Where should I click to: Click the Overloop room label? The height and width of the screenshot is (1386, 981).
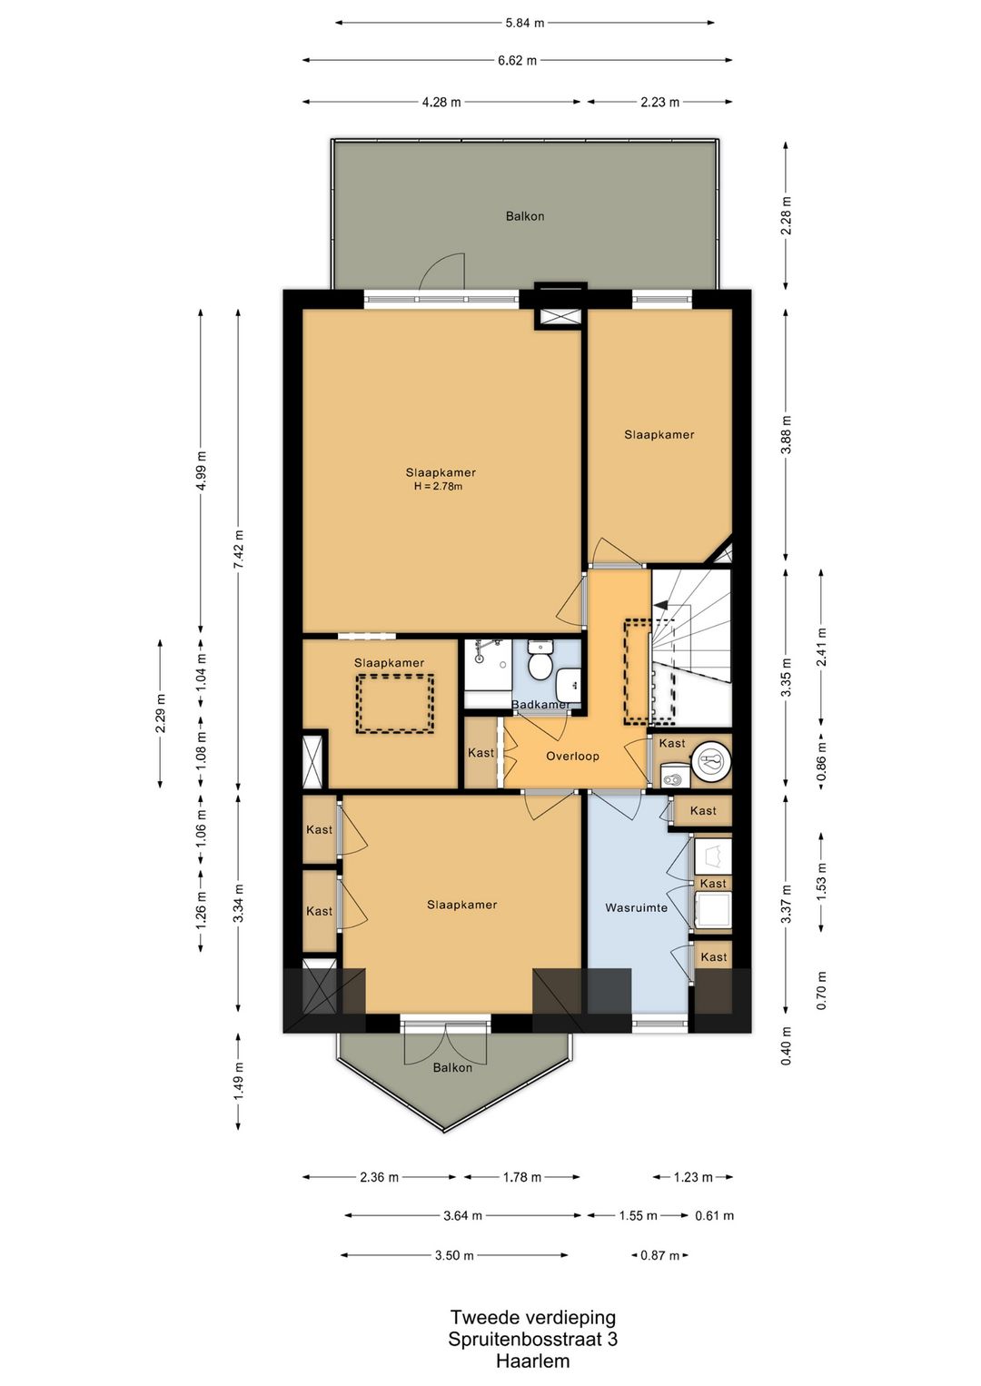tap(572, 756)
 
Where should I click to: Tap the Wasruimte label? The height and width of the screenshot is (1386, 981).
tap(636, 907)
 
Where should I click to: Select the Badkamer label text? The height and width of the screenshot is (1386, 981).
tap(541, 704)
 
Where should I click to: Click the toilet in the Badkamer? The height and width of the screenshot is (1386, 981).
tap(540, 659)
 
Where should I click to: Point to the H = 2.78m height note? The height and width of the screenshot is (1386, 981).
tap(438, 486)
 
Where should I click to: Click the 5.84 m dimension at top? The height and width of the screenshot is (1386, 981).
tap(524, 24)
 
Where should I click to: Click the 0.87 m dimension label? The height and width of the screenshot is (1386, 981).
tap(659, 1255)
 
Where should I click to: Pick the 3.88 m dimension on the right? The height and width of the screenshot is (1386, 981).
tap(786, 434)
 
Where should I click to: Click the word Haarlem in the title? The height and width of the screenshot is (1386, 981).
tap(532, 1361)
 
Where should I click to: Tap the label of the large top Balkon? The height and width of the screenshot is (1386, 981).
tap(524, 216)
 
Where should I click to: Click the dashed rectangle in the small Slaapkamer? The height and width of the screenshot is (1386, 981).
tap(395, 704)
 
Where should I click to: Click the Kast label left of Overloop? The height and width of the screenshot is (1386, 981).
tap(481, 753)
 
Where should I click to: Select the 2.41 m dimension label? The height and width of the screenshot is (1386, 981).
tap(821, 648)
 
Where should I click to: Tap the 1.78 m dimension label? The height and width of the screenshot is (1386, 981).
tap(521, 1177)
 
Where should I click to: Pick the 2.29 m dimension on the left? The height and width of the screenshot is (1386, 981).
tap(160, 713)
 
